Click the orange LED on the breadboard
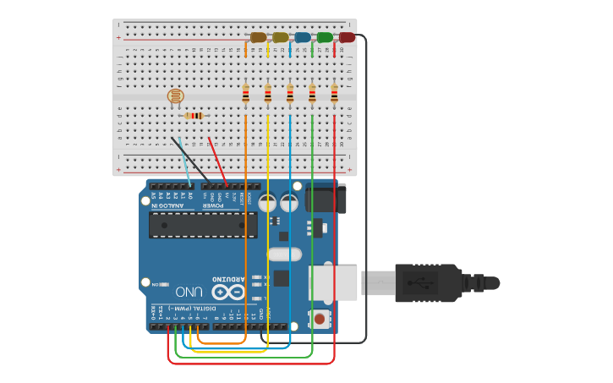point(259,37)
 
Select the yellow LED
point(281,37)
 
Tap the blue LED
point(303,37)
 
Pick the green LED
point(325,37)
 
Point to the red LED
point(347,37)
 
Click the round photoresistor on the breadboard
point(176,96)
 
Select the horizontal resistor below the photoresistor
point(194,116)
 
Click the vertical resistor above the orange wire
point(246,94)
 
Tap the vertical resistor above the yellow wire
point(268,94)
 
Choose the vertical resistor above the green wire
point(312,94)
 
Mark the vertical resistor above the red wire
point(334,94)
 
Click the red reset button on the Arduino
point(320,320)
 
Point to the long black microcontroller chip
point(203,224)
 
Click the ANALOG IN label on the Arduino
point(168,205)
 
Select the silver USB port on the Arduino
point(333,282)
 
